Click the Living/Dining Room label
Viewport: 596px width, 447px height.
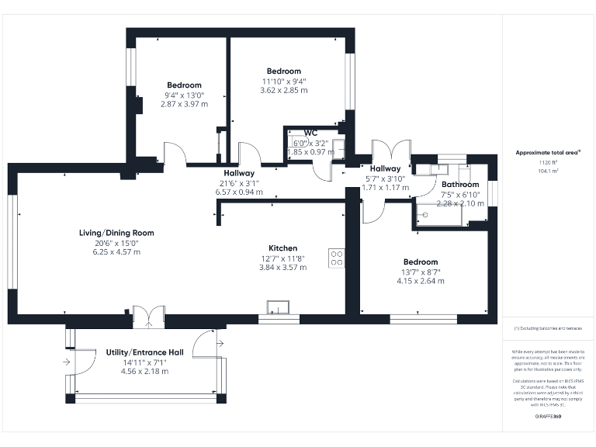click(x=116, y=233)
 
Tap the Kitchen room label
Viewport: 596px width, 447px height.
click(x=282, y=248)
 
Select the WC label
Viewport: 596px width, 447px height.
click(x=310, y=133)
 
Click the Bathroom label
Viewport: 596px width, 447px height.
click(x=460, y=185)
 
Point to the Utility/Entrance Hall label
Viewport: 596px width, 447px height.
click(x=144, y=352)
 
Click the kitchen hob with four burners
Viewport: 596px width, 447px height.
click(x=338, y=258)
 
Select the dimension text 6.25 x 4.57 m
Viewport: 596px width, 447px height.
click(x=116, y=252)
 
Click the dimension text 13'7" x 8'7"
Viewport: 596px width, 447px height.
click(x=420, y=272)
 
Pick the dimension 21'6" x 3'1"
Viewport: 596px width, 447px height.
click(x=239, y=183)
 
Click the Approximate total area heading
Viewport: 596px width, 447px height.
click(x=548, y=153)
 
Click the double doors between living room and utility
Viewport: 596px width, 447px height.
click(x=149, y=315)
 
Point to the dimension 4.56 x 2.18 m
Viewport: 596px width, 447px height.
click(x=144, y=371)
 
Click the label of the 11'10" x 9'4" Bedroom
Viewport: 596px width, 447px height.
click(x=283, y=71)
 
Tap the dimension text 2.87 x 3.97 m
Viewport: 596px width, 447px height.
click(x=184, y=104)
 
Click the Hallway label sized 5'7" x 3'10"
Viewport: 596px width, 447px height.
click(x=385, y=168)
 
